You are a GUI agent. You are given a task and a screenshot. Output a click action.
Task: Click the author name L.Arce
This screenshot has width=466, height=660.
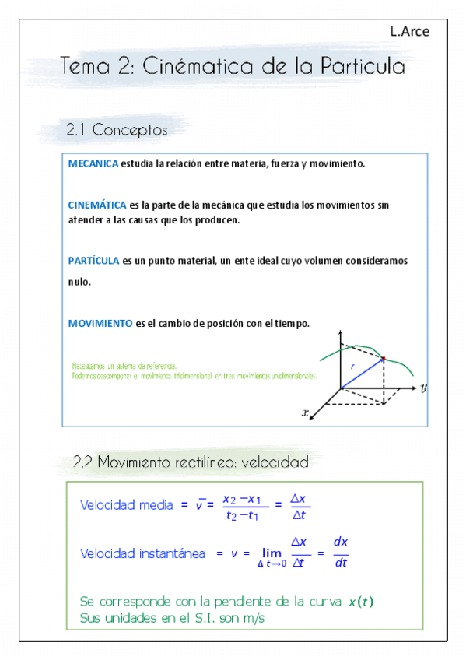[409, 31]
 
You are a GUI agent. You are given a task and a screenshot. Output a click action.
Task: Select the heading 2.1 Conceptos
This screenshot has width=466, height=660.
[117, 130]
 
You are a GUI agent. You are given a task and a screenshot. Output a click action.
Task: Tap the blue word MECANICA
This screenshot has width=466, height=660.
[93, 164]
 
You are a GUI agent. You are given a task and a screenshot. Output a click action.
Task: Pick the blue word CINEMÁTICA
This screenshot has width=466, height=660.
[97, 205]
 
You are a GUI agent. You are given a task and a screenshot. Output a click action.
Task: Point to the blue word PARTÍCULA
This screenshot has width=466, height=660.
[93, 262]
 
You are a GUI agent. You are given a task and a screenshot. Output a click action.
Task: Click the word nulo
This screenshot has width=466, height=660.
[79, 283]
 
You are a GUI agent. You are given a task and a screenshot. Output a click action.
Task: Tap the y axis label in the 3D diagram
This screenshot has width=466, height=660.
[423, 387]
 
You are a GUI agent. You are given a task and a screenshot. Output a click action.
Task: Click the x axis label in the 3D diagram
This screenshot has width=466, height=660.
[304, 413]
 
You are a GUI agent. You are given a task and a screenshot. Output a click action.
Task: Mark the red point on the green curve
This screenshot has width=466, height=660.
[383, 358]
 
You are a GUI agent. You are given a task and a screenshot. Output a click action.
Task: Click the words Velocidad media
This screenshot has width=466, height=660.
[127, 505]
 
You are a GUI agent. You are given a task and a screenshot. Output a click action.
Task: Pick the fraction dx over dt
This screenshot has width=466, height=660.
[340, 553]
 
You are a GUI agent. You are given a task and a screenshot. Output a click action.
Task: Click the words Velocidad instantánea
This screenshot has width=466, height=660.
[142, 553]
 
